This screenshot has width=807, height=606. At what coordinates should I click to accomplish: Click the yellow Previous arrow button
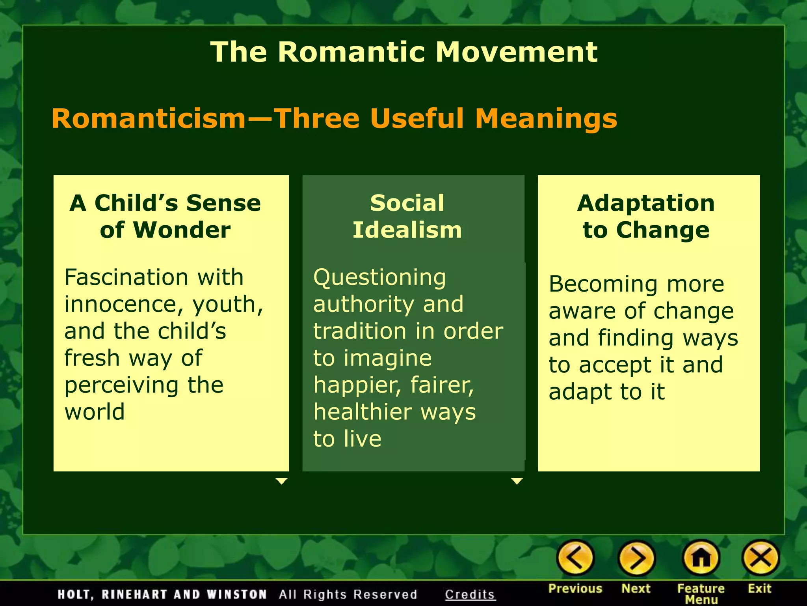coord(575,558)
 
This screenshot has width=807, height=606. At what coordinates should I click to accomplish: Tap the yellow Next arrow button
coord(636,558)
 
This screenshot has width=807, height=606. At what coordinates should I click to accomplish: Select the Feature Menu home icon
coord(701,558)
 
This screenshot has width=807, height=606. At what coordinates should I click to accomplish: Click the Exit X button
coord(760,558)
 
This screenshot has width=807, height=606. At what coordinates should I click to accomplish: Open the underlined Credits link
coord(470,594)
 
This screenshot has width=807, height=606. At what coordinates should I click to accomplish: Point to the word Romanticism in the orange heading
coord(149,118)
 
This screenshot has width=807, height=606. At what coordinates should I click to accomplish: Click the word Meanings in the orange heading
coord(546,118)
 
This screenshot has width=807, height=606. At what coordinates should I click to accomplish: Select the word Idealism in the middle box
coord(407,230)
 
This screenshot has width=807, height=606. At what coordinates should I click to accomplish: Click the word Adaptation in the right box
coord(646,203)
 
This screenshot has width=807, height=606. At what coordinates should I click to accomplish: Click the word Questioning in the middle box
coord(379,278)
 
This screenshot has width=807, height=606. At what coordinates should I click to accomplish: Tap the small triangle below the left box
coord(281,481)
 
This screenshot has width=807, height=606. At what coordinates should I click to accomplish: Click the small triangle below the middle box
coord(517,481)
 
